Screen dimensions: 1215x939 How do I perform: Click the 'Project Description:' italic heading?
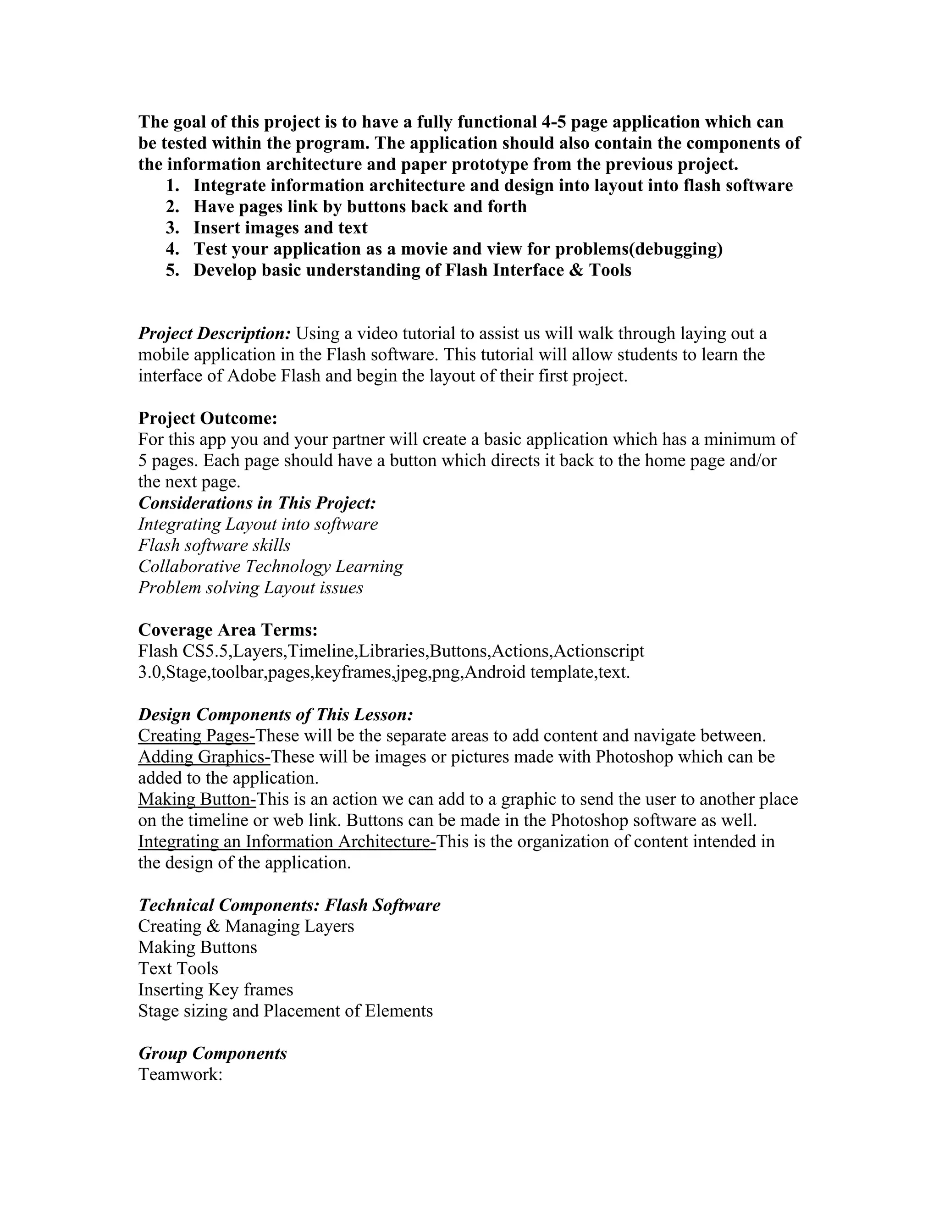pos(214,334)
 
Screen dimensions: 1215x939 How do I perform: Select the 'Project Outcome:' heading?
pos(208,418)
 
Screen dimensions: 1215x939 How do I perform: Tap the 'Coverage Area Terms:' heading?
pos(227,630)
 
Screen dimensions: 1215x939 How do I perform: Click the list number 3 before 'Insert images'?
pos(172,228)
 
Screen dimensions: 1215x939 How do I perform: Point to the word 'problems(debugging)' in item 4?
pos(639,249)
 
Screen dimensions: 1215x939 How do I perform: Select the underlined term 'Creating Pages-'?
pos(196,735)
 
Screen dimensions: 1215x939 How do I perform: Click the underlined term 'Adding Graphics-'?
pos(204,757)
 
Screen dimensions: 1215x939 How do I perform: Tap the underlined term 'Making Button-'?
pos(197,800)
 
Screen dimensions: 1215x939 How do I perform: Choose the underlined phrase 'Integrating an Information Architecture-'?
pos(287,842)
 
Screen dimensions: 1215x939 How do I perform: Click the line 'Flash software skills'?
pos(214,545)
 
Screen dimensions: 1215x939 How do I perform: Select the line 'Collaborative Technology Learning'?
pos(271,566)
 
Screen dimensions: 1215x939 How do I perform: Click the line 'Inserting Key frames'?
pos(215,990)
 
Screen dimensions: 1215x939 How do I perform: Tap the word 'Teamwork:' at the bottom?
pos(180,1074)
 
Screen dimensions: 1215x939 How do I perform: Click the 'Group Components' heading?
pos(212,1053)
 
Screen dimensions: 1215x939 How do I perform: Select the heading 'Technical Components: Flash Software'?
pos(289,905)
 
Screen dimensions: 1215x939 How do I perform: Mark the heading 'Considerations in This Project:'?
pos(257,503)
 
